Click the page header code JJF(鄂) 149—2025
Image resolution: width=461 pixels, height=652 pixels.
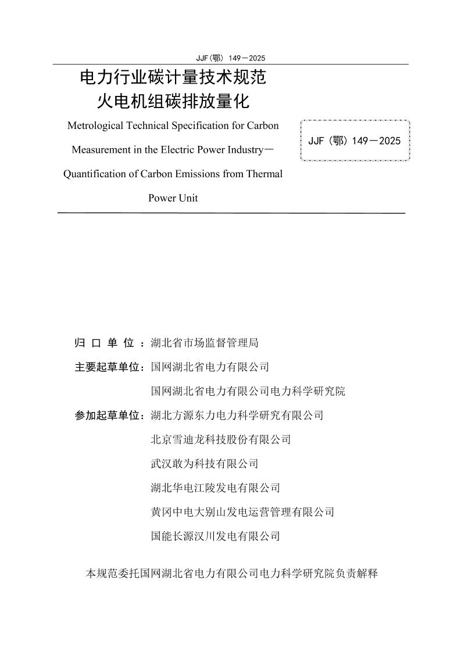pos(231,58)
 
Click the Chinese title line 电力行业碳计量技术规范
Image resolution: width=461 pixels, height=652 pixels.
pos(173,78)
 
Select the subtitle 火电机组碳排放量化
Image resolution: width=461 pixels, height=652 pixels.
pos(173,102)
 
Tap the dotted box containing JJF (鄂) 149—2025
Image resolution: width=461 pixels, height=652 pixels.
pos(355,141)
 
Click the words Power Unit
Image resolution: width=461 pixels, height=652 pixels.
pos(173,198)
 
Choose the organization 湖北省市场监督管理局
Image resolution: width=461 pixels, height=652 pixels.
pos(204,343)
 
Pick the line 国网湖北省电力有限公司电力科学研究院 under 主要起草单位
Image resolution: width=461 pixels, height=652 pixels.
pos(248,392)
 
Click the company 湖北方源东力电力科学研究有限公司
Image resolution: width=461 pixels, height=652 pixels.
pos(237,415)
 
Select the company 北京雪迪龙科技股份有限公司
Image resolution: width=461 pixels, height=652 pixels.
pos(220,440)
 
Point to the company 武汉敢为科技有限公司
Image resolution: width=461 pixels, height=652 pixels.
pos(204,464)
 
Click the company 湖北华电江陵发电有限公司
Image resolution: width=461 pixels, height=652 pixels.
pos(215,488)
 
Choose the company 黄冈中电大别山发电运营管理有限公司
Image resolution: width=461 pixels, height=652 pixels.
pos(242,512)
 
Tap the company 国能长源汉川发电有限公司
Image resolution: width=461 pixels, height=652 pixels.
pos(215,536)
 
